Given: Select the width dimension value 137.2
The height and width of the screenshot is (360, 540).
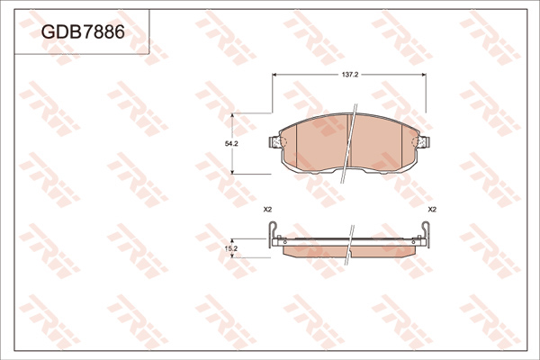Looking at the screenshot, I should (351, 75).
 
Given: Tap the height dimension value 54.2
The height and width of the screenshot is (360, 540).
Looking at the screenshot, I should (232, 144).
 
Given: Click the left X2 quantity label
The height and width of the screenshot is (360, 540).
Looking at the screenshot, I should (267, 210).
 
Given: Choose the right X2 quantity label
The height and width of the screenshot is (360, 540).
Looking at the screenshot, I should (432, 210).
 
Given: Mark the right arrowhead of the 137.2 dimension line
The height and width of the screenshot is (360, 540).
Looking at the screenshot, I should (427, 82).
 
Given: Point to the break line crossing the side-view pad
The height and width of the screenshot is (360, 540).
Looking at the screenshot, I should (347, 245).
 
